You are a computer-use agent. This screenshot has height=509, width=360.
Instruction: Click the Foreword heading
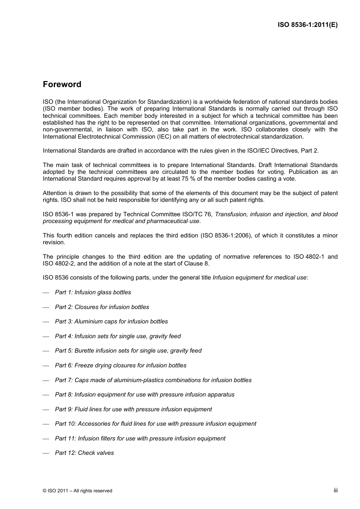(x=62, y=84)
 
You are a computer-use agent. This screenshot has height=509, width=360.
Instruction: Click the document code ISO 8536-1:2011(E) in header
(x=307, y=25)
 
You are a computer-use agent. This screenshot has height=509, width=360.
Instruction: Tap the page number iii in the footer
(x=335, y=490)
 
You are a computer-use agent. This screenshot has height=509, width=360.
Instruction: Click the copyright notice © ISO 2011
(x=77, y=491)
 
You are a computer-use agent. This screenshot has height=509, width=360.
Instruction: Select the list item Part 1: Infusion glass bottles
(x=93, y=292)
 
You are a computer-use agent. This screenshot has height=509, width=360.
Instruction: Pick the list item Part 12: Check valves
(x=84, y=453)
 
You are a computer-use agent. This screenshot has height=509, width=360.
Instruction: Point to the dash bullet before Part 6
(x=46, y=366)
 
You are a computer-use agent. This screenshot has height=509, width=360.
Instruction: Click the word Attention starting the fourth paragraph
(x=55, y=193)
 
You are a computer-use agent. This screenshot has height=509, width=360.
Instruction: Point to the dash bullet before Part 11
(x=46, y=439)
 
